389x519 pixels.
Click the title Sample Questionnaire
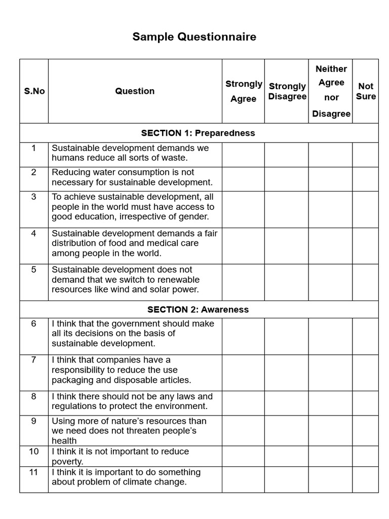point(194,37)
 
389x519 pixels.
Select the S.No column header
point(34,91)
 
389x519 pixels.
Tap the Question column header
point(135,91)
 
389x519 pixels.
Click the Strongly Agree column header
point(243,91)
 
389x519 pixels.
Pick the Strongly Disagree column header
point(287,91)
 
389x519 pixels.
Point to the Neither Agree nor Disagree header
point(331,91)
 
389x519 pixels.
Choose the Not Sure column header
point(366,91)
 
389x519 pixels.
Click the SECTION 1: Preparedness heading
point(198,133)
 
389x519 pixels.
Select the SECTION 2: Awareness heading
point(198,310)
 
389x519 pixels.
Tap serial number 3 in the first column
point(34,197)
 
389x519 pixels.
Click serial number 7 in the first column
point(34,360)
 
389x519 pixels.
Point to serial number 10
point(34,451)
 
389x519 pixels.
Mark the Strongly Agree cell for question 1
point(243,155)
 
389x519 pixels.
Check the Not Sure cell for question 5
point(366,282)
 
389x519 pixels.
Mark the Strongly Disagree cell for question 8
point(287,403)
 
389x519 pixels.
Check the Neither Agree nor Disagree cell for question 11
point(331,479)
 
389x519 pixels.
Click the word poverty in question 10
point(67,462)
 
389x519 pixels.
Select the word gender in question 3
point(195,217)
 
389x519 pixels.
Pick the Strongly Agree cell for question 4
point(243,246)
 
